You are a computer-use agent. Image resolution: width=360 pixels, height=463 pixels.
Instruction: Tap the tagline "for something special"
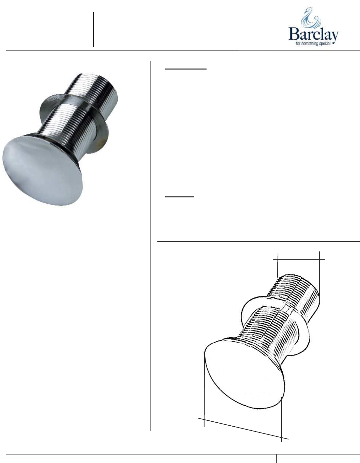313,44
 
